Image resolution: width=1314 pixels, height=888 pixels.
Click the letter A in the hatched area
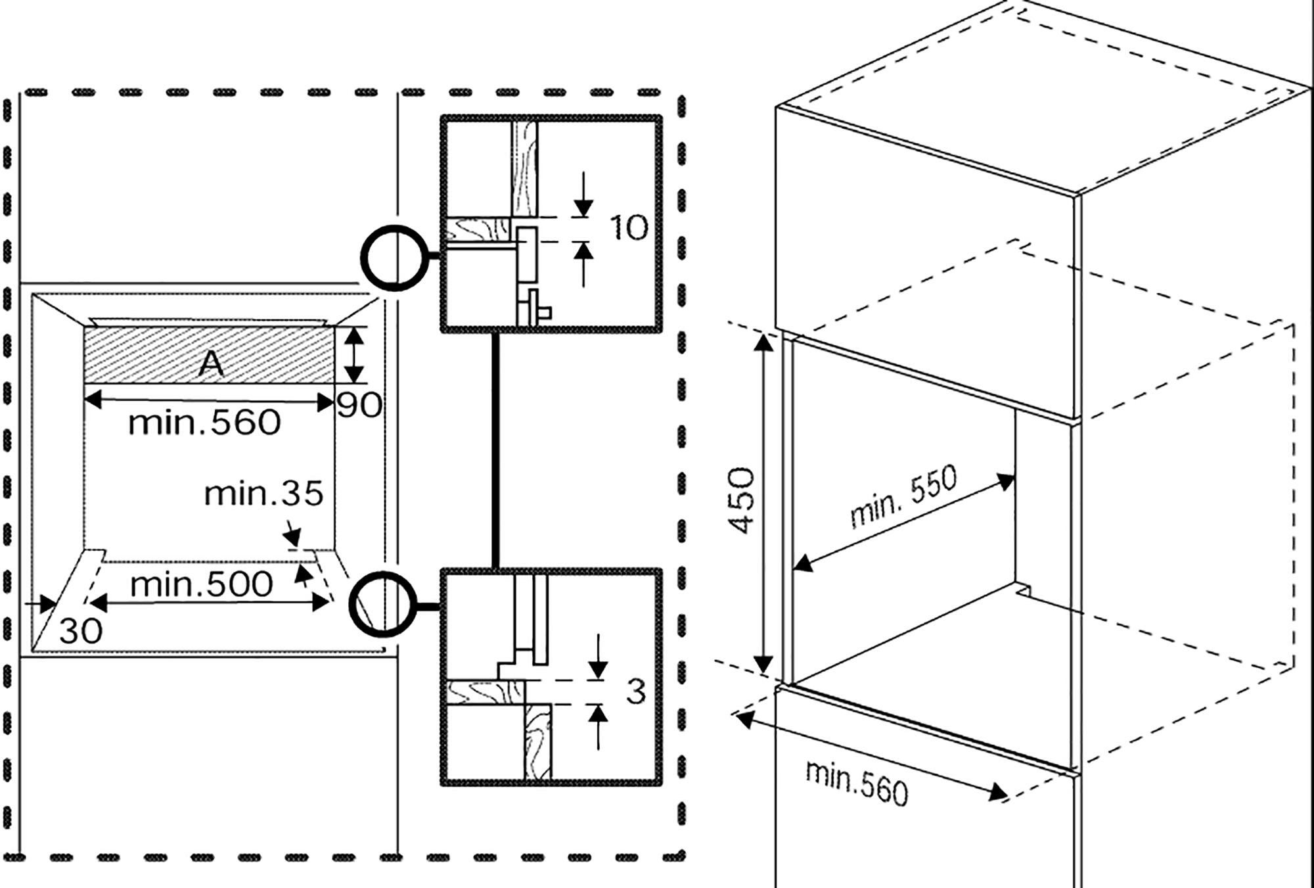tap(211, 363)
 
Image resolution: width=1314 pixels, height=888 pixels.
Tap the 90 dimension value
tap(359, 406)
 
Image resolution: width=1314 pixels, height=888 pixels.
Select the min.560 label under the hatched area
tap(204, 423)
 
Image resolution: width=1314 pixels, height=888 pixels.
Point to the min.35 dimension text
tap(263, 494)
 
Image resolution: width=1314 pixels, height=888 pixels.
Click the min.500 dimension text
tap(201, 584)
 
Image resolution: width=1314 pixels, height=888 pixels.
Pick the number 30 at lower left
tap(81, 632)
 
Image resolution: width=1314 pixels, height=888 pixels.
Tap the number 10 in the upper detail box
tap(629, 227)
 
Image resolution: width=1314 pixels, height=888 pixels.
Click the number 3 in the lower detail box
tap(635, 691)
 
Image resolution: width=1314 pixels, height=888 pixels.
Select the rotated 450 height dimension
tap(742, 501)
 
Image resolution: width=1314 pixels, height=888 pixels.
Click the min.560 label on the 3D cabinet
tap(857, 782)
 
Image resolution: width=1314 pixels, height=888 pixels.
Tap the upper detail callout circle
tap(394, 258)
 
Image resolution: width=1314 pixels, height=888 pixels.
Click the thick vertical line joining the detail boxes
tap(495, 450)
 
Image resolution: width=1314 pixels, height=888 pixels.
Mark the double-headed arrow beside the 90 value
tap(354, 355)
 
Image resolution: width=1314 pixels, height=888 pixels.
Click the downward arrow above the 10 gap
tap(583, 194)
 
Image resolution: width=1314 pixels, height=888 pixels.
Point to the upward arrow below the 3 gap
tap(598, 727)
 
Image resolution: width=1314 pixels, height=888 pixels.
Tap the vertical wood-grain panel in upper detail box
tap(524, 169)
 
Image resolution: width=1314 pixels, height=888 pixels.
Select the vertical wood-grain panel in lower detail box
tap(537, 741)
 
